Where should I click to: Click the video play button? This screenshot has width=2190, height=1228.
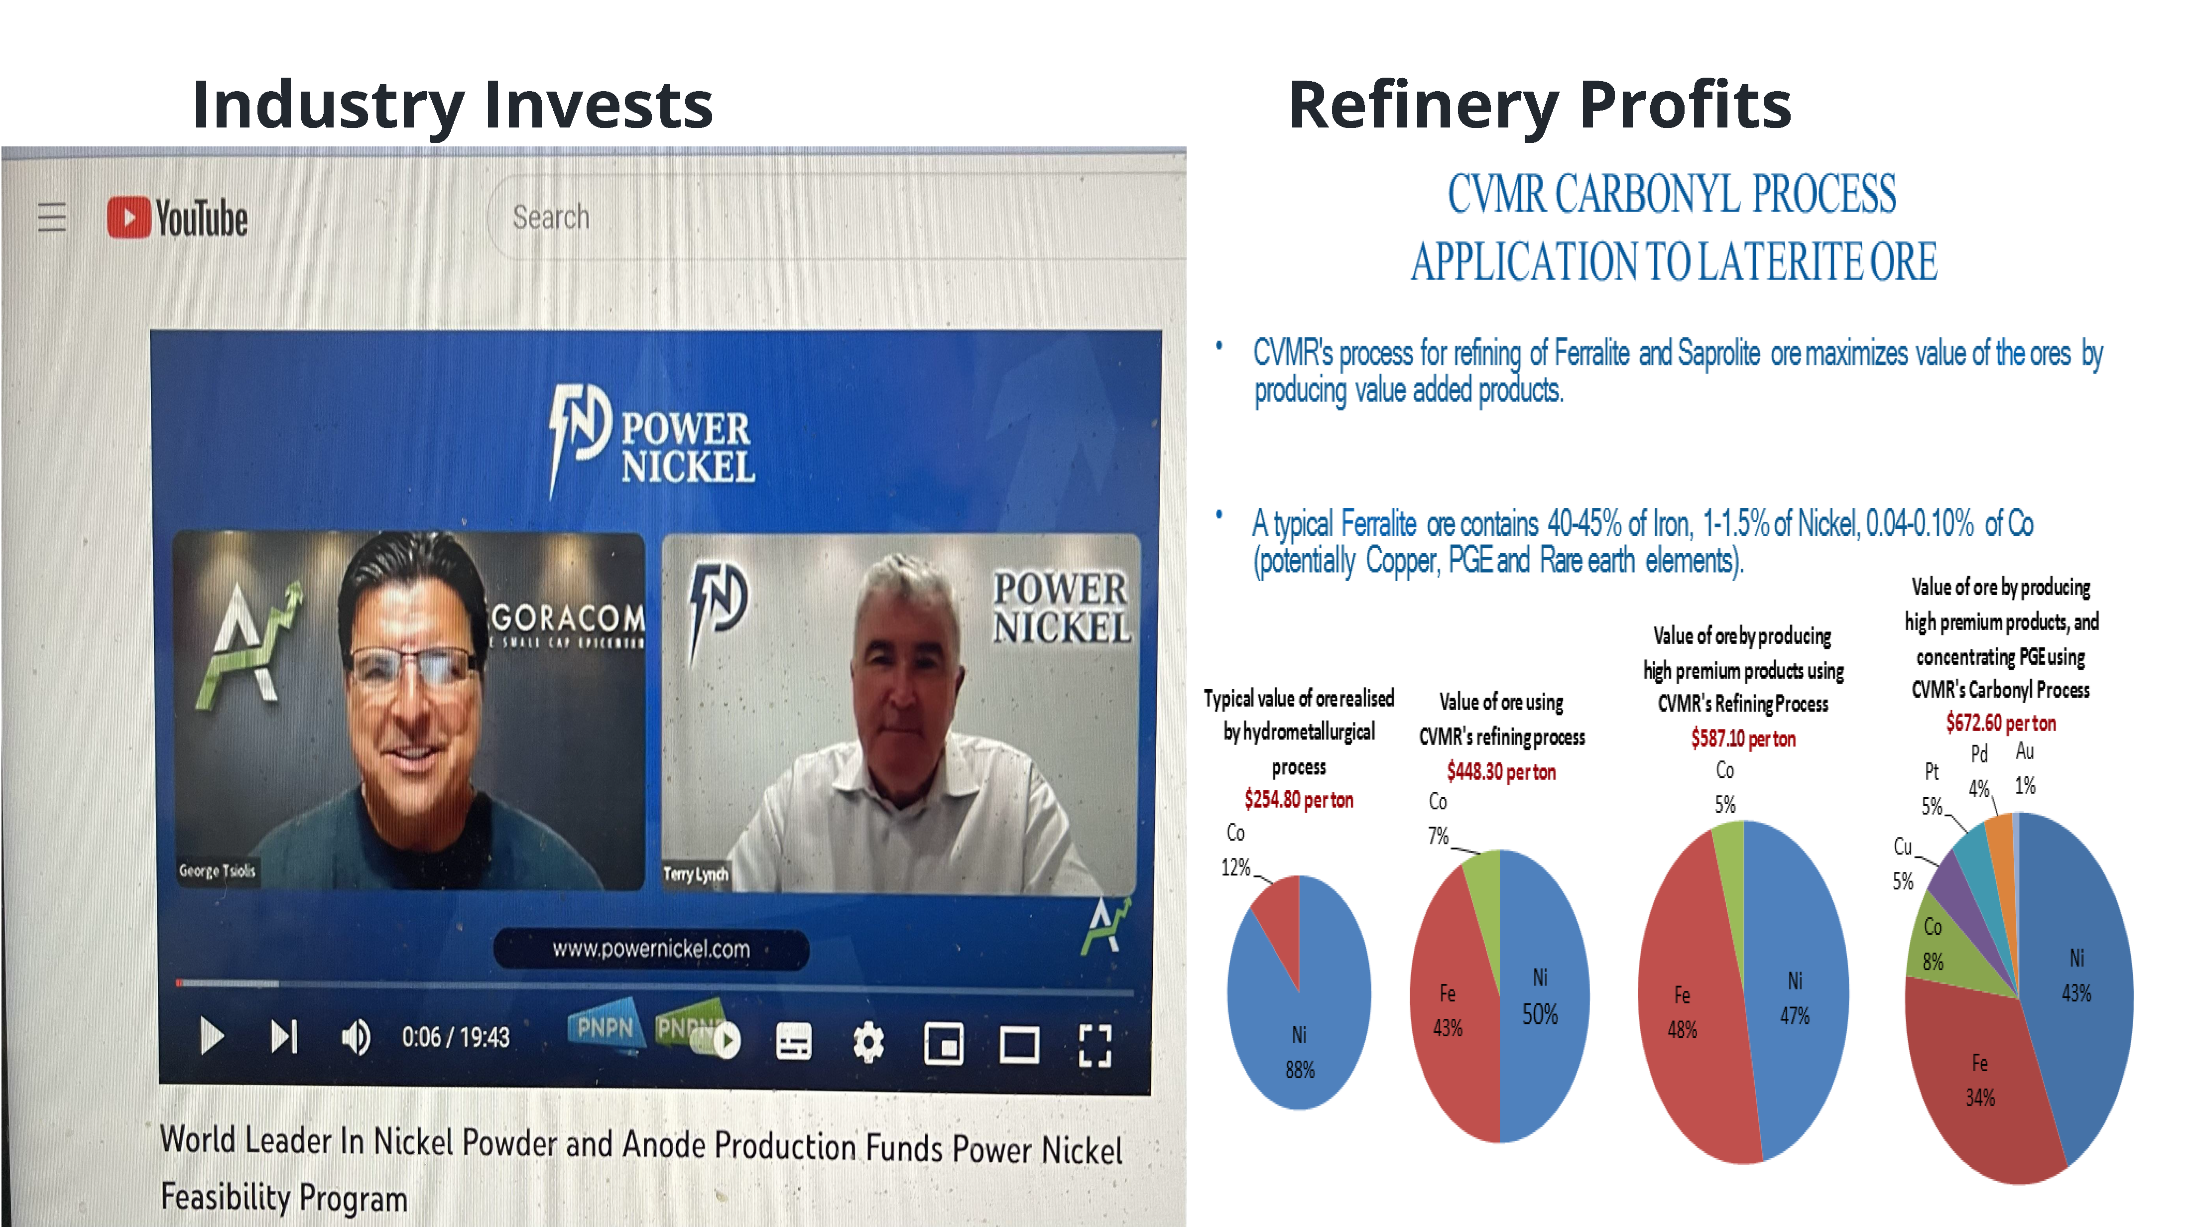211,1037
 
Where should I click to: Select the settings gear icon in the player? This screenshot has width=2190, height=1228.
868,1042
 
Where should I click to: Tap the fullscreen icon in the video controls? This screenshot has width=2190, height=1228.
1095,1045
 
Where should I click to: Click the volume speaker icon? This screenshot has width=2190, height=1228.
356,1037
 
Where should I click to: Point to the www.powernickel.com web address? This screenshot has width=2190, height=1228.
651,949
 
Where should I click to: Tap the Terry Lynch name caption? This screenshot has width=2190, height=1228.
696,873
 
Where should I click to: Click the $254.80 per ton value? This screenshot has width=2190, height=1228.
1298,799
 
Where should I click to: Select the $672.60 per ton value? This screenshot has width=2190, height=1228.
2000,723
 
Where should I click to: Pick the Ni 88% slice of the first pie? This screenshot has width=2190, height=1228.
1309,1020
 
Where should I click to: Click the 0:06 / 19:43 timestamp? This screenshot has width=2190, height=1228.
456,1037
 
